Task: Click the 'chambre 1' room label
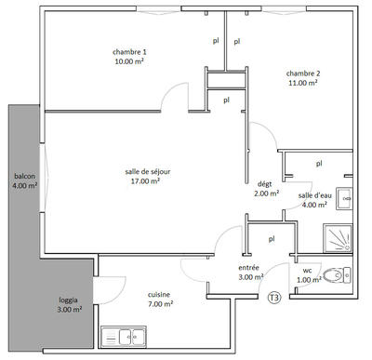tap(130, 51)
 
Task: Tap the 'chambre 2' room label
tap(303, 73)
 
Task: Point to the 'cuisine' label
tap(159, 294)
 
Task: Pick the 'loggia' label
tap(68, 300)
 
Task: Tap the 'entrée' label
tap(249, 268)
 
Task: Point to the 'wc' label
tap(307, 271)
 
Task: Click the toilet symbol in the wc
tap(338, 274)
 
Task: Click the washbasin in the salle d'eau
tap(344, 197)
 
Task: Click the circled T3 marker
tap(274, 298)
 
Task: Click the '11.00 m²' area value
tap(303, 84)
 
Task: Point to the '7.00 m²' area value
tap(159, 304)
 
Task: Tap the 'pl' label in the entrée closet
tap(272, 238)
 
